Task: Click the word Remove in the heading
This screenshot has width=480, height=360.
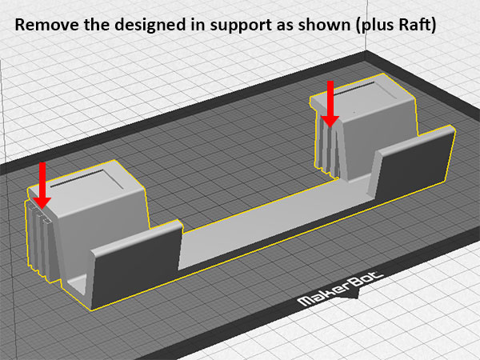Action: pyautogui.click(x=47, y=25)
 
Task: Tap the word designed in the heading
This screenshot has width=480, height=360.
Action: pyautogui.click(x=150, y=25)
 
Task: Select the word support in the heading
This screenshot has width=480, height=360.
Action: pyautogui.click(x=242, y=26)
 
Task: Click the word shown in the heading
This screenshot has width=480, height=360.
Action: pyautogui.click(x=324, y=25)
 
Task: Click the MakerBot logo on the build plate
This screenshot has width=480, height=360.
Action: pyautogui.click(x=341, y=289)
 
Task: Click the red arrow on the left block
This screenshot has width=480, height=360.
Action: pyautogui.click(x=42, y=186)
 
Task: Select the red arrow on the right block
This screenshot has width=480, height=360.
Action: pyautogui.click(x=330, y=104)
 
